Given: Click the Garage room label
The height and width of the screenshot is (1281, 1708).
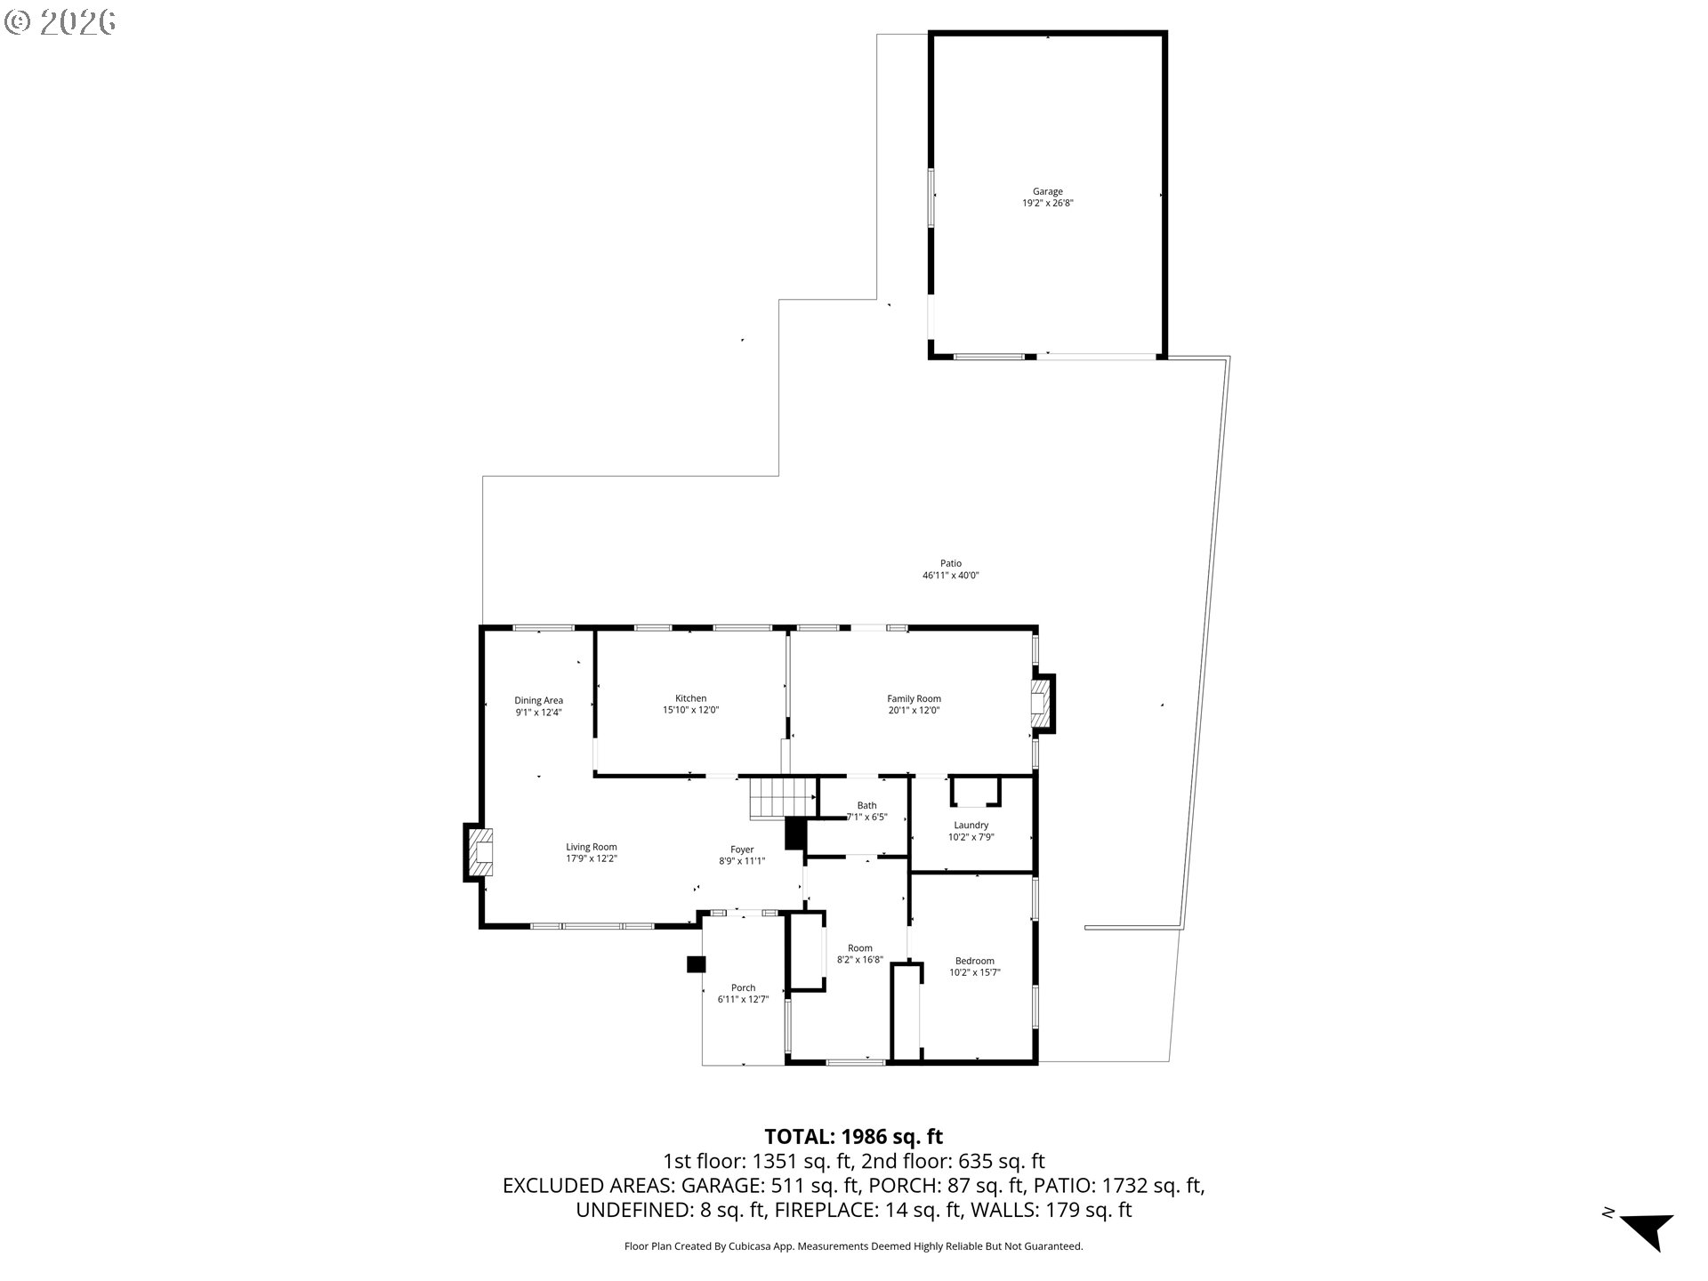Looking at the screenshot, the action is [x=1047, y=191].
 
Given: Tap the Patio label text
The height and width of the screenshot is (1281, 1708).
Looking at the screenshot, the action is [x=951, y=563].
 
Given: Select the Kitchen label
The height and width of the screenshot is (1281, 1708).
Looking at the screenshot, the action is [x=690, y=698].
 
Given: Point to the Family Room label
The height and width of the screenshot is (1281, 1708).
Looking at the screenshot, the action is [x=914, y=698].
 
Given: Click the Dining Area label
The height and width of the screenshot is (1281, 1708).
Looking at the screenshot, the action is [x=538, y=700].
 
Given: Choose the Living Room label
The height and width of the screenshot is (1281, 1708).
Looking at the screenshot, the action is [x=592, y=847].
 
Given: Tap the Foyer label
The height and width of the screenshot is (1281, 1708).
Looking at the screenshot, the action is [x=742, y=850].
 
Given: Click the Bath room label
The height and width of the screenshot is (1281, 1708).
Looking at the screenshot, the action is [x=866, y=805].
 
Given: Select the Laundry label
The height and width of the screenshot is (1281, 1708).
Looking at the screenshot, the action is [x=971, y=825].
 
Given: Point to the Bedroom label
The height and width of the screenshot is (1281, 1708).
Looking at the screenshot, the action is [x=975, y=961].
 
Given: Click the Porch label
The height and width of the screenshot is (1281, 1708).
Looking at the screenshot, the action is [x=743, y=987].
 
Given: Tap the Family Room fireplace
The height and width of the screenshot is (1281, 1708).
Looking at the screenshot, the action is [x=1042, y=704].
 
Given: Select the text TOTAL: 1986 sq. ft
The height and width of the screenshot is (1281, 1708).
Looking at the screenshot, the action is [x=853, y=1136].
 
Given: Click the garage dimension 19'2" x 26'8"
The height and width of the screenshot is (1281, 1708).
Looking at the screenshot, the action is [x=1047, y=203].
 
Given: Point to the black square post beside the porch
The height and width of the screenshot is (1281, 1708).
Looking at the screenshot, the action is [x=696, y=963].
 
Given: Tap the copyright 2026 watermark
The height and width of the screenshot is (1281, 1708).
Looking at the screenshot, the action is [x=60, y=22].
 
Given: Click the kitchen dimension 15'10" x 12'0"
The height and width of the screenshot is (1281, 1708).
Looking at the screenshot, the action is [x=690, y=710].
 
